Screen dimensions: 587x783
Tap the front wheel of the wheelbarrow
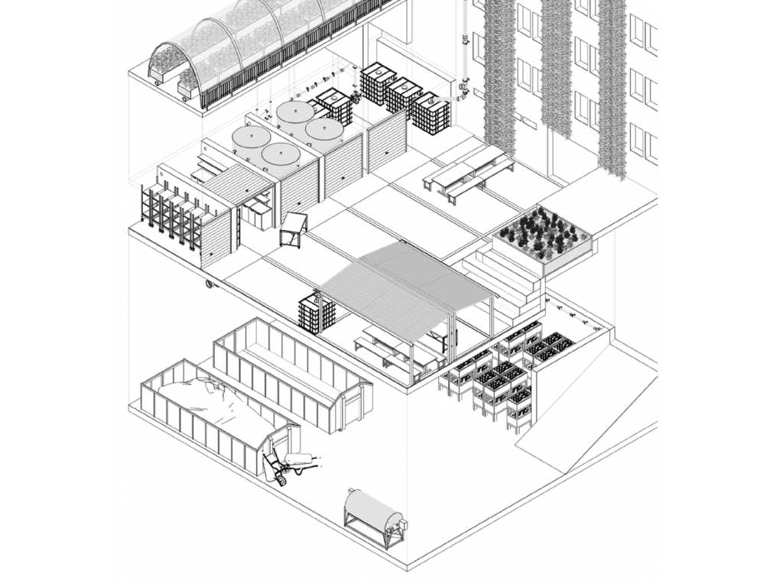coord(279,479)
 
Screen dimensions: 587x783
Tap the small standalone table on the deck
coord(294,228)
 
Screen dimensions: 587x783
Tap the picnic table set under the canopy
coord(398,348)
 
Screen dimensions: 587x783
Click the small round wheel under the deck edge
coord(208,285)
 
